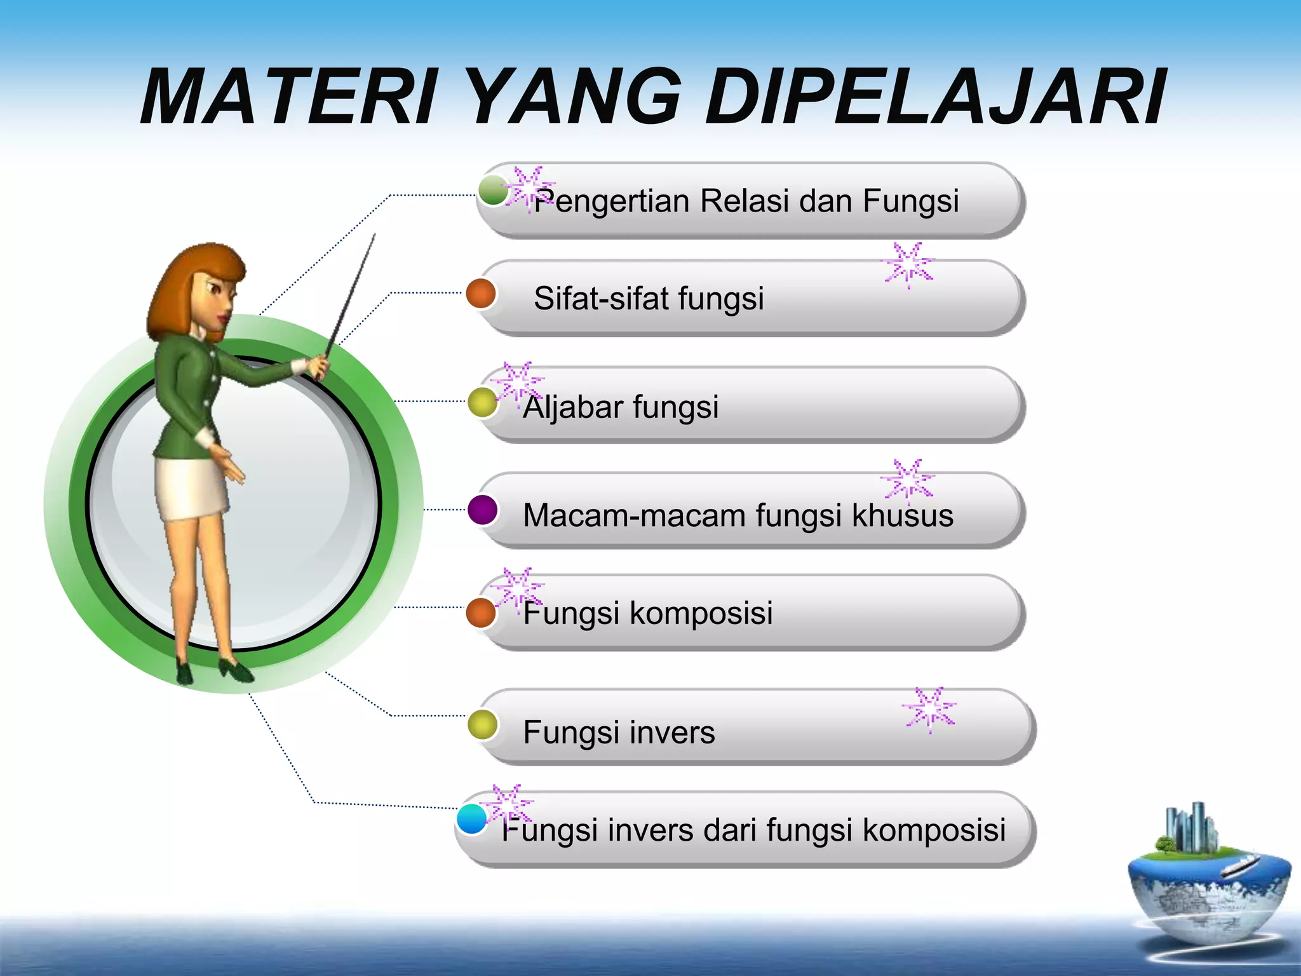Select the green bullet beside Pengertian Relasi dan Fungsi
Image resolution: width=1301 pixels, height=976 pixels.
tap(493, 191)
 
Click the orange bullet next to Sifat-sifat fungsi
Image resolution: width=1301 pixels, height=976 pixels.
tap(481, 294)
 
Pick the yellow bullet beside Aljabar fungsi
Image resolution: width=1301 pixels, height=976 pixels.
tap(483, 402)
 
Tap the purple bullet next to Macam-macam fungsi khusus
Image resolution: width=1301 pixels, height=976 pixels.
tap(483, 510)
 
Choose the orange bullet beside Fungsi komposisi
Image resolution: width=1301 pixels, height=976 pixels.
tap(481, 613)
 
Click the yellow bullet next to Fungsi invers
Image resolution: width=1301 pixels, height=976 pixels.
tap(483, 725)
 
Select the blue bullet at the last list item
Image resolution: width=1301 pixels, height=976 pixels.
tap(472, 819)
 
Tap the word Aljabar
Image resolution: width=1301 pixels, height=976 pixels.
tap(572, 407)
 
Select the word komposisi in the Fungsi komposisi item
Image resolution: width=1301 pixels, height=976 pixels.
tap(701, 613)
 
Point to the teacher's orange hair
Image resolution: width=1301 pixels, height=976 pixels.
tap(191, 280)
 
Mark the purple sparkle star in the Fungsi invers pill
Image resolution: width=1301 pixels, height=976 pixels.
tap(929, 709)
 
